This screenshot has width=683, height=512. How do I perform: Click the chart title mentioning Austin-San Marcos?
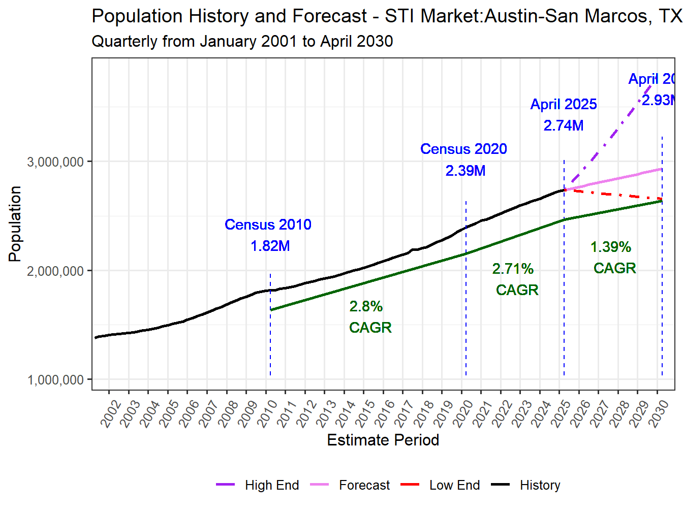coord(386,16)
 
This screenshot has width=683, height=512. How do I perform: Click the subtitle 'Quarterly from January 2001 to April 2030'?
coord(242,41)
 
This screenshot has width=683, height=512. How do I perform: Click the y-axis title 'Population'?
coord(15,224)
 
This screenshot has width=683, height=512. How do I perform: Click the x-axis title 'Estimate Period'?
coord(383,440)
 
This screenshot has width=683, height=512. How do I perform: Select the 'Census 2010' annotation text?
coord(268,225)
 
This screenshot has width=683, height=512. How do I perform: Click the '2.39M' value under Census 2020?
coord(465,171)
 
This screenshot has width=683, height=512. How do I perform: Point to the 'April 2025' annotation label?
coord(563,104)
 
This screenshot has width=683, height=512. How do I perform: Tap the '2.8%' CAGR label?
coord(365,306)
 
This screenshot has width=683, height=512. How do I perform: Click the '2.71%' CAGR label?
coord(512,269)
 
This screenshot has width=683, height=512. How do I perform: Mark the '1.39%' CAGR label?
coord(610,247)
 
